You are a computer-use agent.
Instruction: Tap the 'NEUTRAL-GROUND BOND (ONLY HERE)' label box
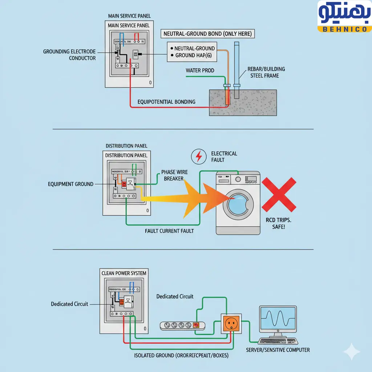(x=207, y=34)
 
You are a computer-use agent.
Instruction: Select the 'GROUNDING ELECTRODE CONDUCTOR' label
(x=69, y=55)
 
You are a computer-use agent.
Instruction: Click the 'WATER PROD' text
(x=200, y=70)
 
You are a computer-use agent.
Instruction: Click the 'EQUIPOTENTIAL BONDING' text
(x=166, y=102)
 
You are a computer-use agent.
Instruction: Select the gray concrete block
(x=243, y=103)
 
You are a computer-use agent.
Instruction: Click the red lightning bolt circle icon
(x=198, y=157)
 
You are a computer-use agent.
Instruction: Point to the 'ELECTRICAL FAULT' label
(x=224, y=157)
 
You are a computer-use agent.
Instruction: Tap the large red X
(x=279, y=194)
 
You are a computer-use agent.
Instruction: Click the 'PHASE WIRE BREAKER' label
(x=174, y=175)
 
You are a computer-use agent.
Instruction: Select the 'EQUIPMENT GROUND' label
(x=70, y=184)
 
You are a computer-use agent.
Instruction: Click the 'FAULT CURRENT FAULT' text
(x=169, y=231)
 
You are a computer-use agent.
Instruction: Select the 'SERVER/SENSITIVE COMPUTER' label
(x=278, y=350)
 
